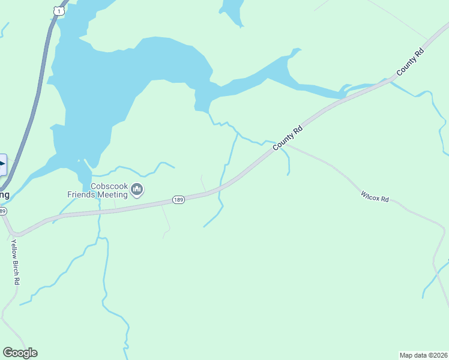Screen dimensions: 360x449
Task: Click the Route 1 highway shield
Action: (57, 10)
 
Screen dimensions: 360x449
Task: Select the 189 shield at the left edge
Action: (3, 211)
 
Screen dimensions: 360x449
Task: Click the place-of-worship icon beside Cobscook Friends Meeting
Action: (137, 190)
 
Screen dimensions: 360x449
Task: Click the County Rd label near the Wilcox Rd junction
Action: (288, 137)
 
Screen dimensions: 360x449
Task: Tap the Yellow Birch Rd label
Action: (16, 262)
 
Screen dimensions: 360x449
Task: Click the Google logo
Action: (20, 353)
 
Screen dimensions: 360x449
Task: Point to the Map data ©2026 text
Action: (423, 355)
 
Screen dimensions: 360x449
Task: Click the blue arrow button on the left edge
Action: (2, 164)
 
